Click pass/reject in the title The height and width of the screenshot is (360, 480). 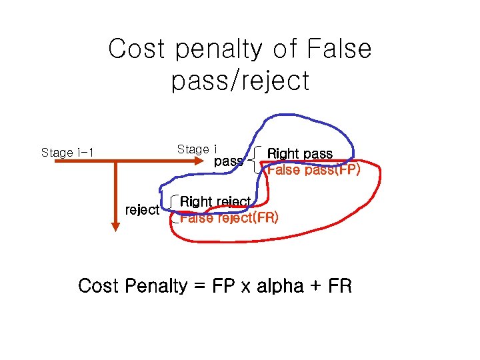[240, 81]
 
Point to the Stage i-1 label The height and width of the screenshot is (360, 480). [67, 153]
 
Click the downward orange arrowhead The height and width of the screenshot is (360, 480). [116, 225]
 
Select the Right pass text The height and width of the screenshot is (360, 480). [299, 154]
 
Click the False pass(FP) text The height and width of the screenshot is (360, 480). [313, 170]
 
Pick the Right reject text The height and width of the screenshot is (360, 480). [215, 201]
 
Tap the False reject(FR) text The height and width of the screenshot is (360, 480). [229, 217]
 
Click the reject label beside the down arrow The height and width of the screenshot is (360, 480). [142, 210]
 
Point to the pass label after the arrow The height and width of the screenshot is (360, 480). [228, 161]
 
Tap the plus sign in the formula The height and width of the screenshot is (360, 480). [316, 287]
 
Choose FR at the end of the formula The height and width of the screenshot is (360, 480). [338, 287]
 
